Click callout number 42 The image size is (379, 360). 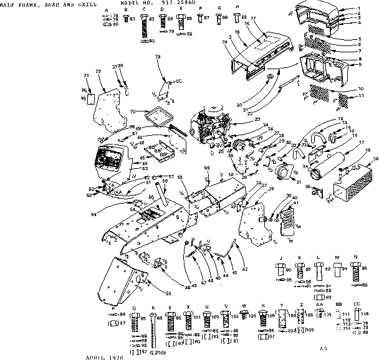click(245, 268)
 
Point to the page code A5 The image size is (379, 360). click(323, 349)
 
